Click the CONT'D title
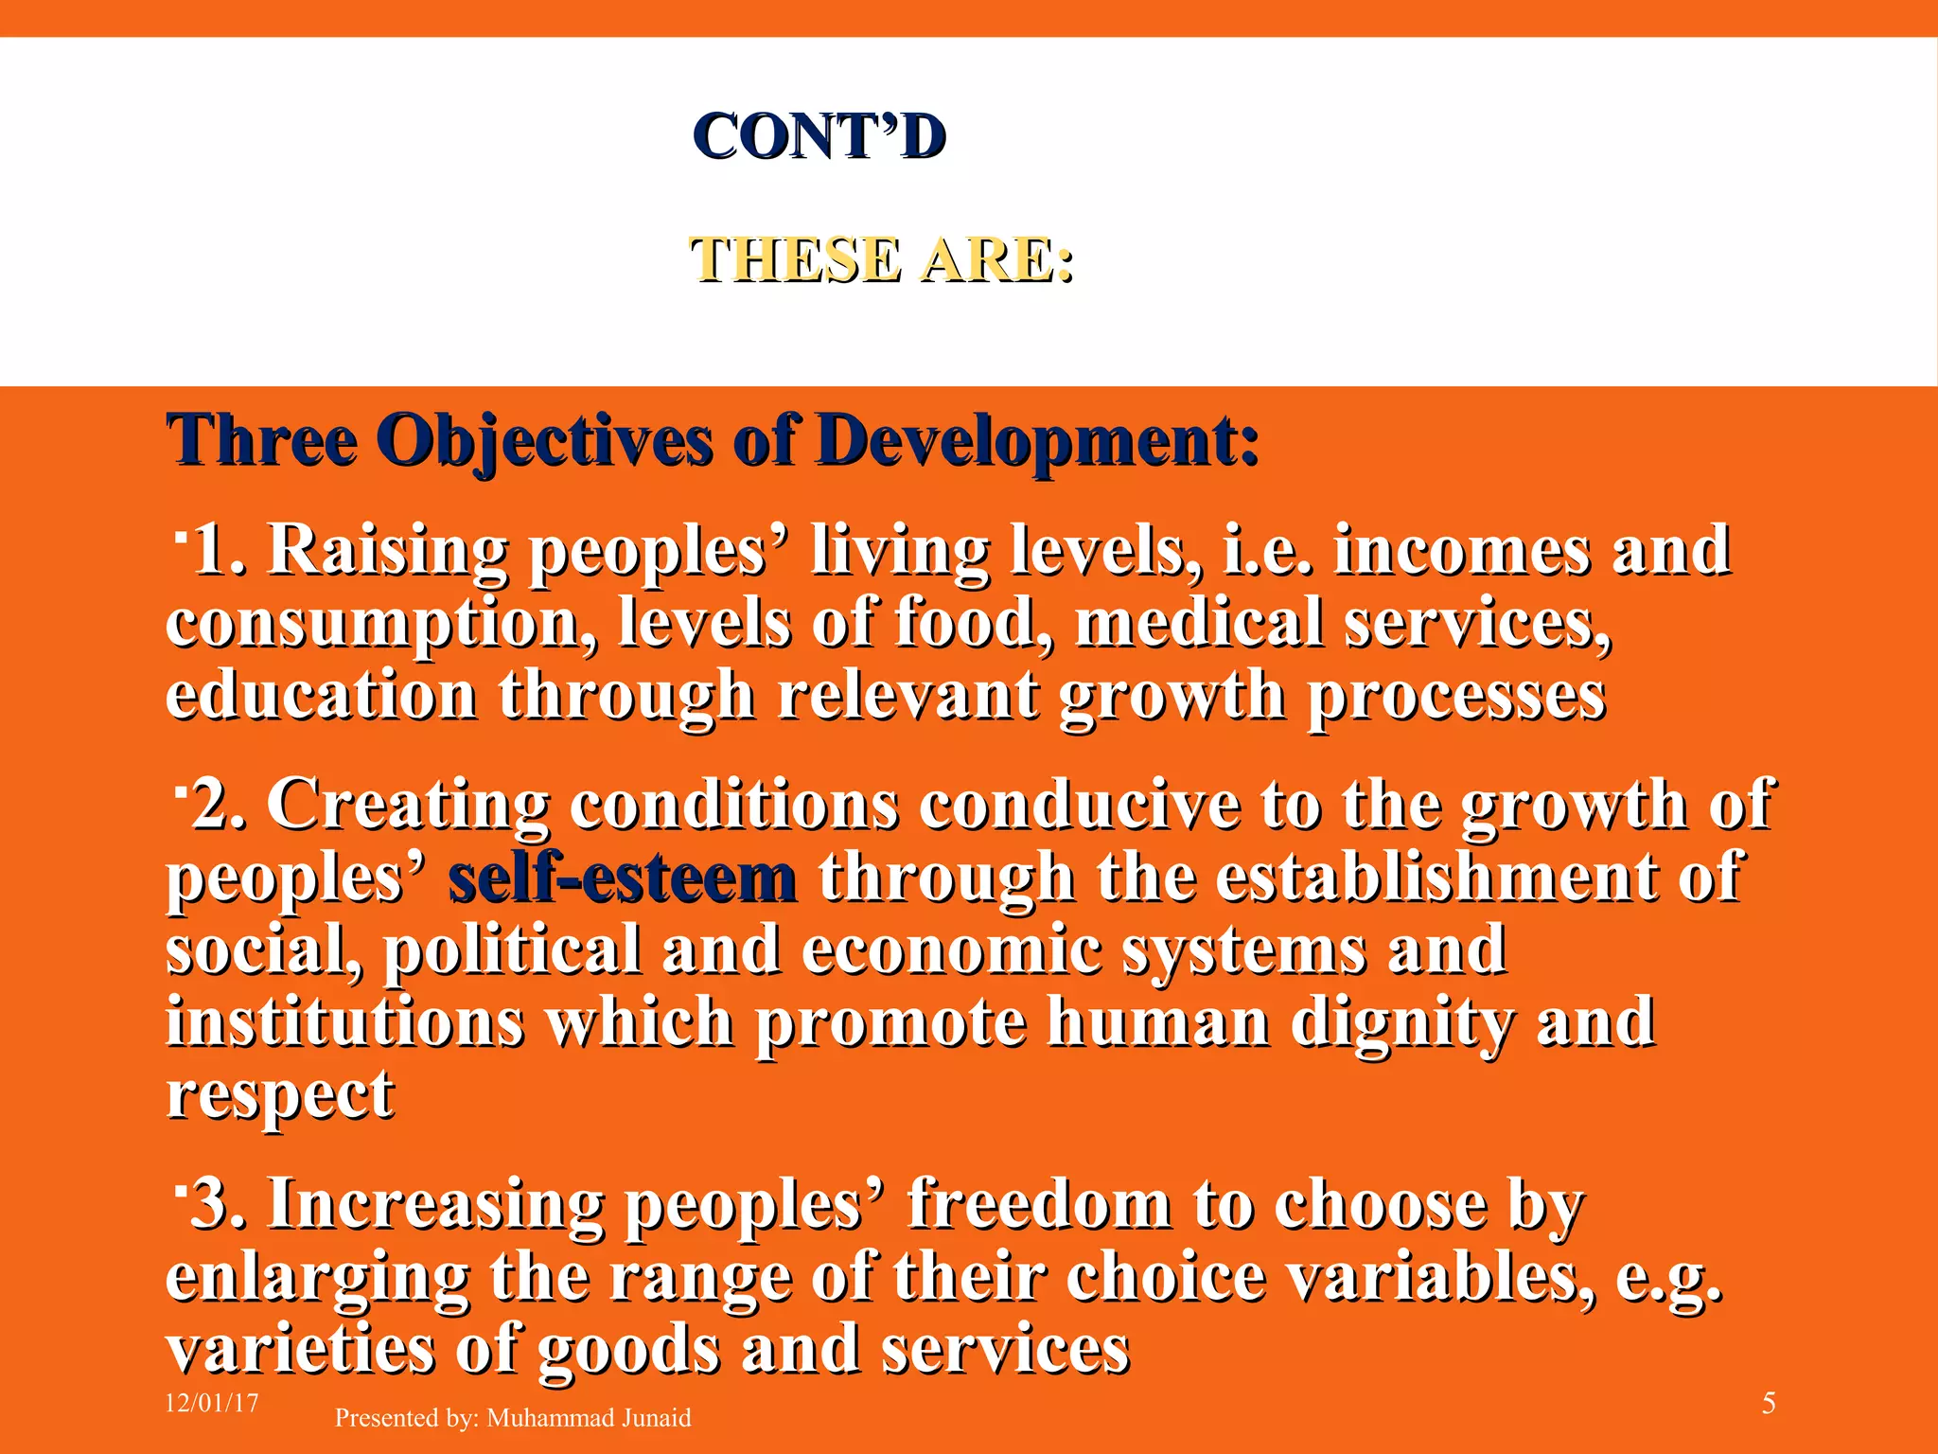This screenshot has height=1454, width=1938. tap(819, 137)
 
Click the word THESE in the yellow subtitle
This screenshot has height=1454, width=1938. tap(793, 259)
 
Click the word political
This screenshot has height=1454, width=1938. tap(511, 950)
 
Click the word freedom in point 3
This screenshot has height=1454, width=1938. tap(1038, 1205)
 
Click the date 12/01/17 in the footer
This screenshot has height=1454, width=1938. tap(212, 1403)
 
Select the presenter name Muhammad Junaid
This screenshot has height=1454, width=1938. tap(589, 1418)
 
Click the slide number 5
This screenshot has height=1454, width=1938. tap(1769, 1404)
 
